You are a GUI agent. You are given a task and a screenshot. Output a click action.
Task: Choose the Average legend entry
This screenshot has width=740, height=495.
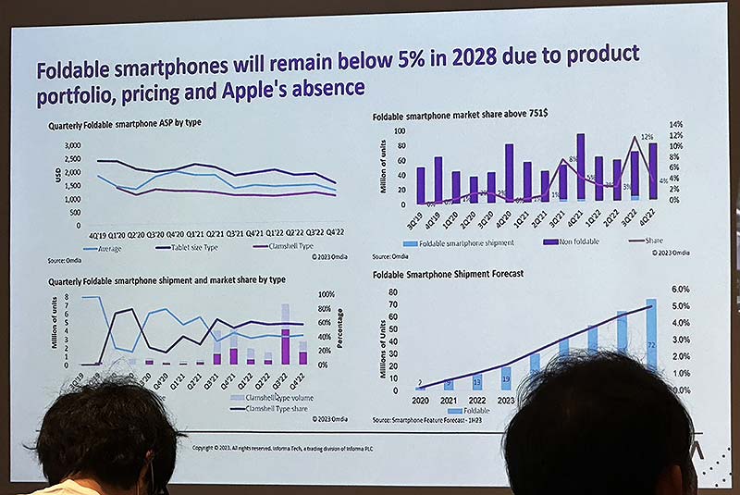tap(106, 249)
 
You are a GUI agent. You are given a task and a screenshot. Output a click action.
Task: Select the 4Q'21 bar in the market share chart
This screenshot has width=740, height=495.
tap(580, 167)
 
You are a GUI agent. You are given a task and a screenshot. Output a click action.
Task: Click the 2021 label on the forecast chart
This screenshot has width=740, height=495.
tap(450, 400)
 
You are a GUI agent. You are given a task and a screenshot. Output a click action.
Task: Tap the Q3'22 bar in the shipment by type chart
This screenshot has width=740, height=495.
tap(285, 333)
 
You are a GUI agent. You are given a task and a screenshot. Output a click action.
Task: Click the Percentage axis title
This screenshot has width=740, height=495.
tap(339, 328)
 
